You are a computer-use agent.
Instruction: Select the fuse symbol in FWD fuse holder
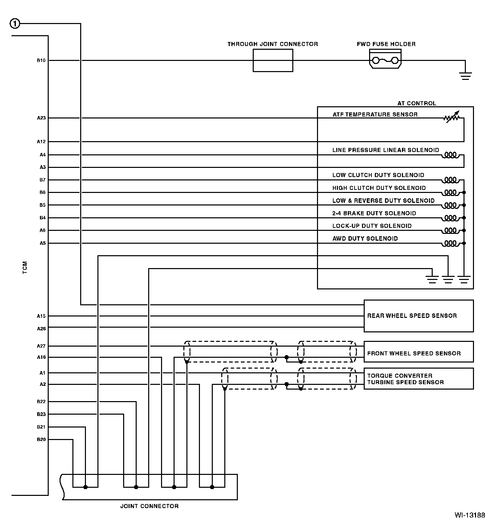point(385,61)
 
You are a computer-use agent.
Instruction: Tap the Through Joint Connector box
point(273,60)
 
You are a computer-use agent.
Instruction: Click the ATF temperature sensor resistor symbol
point(452,117)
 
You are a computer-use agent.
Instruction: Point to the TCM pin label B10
point(41,61)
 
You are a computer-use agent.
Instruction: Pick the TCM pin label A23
point(41,118)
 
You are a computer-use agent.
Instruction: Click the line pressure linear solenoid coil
point(450,155)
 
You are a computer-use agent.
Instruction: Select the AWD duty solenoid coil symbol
point(450,243)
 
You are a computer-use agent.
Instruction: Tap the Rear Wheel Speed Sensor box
point(418,316)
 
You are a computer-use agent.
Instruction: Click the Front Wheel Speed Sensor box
point(418,352)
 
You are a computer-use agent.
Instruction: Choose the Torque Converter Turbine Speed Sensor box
point(418,379)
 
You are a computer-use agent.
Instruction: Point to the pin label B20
point(41,440)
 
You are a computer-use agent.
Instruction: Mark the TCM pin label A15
point(41,316)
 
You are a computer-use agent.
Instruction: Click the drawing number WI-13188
point(470,515)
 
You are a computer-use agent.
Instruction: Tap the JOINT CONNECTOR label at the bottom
point(149,506)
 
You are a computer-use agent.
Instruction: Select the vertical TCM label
point(25,267)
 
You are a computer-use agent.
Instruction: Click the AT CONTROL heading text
point(416,103)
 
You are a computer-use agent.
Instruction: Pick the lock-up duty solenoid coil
point(450,231)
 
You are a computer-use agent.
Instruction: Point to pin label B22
point(41,402)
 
